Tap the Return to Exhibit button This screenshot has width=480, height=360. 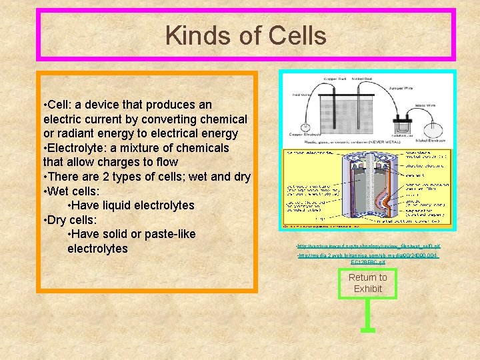pos(367,283)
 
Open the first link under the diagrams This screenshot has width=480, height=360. pos(368,247)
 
